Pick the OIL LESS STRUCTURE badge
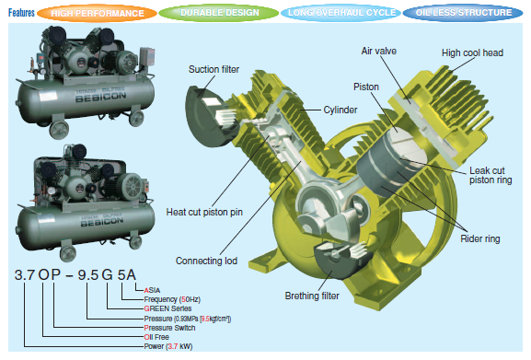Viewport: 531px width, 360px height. coord(465,14)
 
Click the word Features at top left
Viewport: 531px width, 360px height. coord(21,14)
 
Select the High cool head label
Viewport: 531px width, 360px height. coord(472,52)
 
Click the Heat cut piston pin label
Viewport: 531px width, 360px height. coord(205,212)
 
